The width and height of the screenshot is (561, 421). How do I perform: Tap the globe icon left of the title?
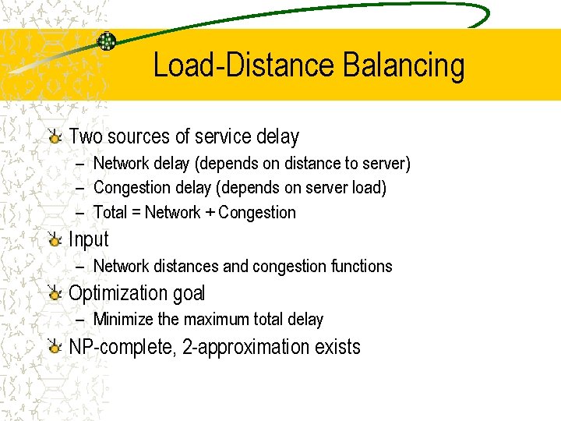(x=107, y=41)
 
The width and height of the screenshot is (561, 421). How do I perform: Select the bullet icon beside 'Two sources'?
(x=54, y=137)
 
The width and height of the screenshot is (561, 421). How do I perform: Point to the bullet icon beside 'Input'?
(x=54, y=240)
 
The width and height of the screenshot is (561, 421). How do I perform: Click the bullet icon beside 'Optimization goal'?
(x=54, y=294)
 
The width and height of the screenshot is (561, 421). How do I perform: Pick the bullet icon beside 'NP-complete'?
(x=54, y=347)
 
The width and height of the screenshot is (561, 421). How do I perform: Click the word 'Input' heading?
(x=89, y=240)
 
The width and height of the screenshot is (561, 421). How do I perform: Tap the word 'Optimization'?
(x=118, y=294)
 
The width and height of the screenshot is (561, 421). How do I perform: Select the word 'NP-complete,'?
(x=122, y=347)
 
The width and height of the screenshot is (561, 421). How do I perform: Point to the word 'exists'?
(x=337, y=347)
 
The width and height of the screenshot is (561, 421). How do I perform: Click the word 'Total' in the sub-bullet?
(x=110, y=212)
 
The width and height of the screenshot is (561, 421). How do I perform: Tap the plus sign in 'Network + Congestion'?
(x=210, y=213)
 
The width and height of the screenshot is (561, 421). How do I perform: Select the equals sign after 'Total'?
(x=136, y=213)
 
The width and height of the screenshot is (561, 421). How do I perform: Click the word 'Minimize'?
(x=123, y=319)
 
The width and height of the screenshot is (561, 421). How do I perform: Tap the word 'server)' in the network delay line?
(x=386, y=164)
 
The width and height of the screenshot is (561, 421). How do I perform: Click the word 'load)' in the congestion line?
(x=369, y=188)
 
